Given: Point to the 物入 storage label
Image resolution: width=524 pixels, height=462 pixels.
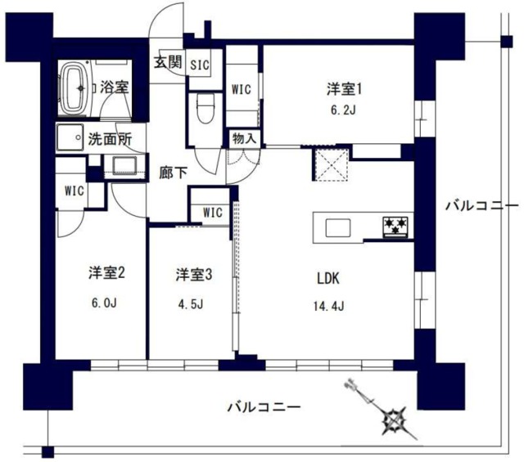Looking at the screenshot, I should click(244, 138).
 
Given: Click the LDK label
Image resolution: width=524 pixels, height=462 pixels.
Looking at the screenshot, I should click(329, 276).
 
